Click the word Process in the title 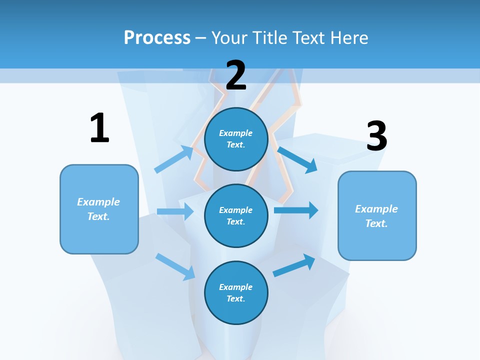click(157, 38)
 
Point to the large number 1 click(100, 127)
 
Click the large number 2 click(236, 75)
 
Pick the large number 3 click(377, 135)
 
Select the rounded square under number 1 click(99, 209)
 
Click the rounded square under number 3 click(377, 216)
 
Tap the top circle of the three click(236, 139)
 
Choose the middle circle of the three click(236, 216)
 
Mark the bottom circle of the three click(236, 292)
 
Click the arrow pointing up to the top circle click(174, 159)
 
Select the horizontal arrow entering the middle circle click(175, 211)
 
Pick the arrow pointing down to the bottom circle click(175, 267)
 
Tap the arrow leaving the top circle click(297, 160)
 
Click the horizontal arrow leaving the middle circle click(296, 210)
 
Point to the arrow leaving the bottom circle click(294, 265)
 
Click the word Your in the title click(229, 37)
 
